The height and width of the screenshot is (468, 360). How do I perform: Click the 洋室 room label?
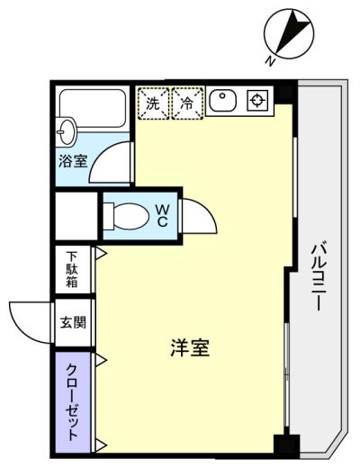pyautogui.click(x=190, y=347)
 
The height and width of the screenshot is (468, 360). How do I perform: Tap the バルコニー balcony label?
pyautogui.click(x=319, y=277)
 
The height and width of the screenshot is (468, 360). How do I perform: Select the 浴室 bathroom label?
pyautogui.click(x=73, y=161)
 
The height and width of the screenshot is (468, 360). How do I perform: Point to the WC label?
pyautogui.click(x=162, y=215)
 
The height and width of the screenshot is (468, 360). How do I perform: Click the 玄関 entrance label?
pyautogui.click(x=73, y=322)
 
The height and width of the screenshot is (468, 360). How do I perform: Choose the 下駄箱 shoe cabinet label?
pyautogui.click(x=72, y=270)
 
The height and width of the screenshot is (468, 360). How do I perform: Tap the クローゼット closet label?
pyautogui.click(x=73, y=402)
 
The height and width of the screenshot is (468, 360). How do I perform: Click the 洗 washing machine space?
pyautogui.click(x=153, y=103)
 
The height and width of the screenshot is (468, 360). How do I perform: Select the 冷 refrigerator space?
pyautogui.click(x=188, y=103)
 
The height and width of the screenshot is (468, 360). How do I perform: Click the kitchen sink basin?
pyautogui.click(x=223, y=101)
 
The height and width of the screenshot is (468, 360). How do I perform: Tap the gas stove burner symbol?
pyautogui.click(x=257, y=101)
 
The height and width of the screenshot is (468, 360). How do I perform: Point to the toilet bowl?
pyautogui.click(x=127, y=216)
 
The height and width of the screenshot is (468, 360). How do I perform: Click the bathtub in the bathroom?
pyautogui.click(x=93, y=108)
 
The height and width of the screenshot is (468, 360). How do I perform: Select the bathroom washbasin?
pyautogui.click(x=66, y=132)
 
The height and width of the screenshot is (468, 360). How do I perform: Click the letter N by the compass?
pyautogui.click(x=271, y=61)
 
